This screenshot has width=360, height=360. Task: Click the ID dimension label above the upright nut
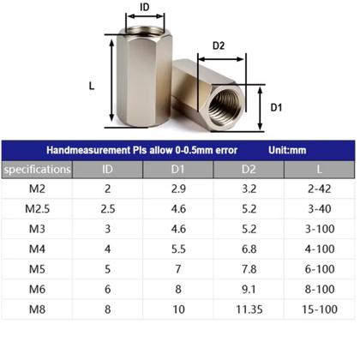(144, 8)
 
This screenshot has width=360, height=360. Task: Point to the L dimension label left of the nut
(92, 86)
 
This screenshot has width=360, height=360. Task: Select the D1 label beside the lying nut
(277, 107)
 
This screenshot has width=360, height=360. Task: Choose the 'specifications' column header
(37, 169)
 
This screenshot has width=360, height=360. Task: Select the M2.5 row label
(37, 209)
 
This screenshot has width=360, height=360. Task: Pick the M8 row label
(37, 307)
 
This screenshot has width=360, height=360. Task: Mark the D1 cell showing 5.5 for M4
(177, 249)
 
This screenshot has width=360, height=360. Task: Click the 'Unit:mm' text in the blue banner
(286, 150)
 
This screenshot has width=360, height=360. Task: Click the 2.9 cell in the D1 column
(177, 189)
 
